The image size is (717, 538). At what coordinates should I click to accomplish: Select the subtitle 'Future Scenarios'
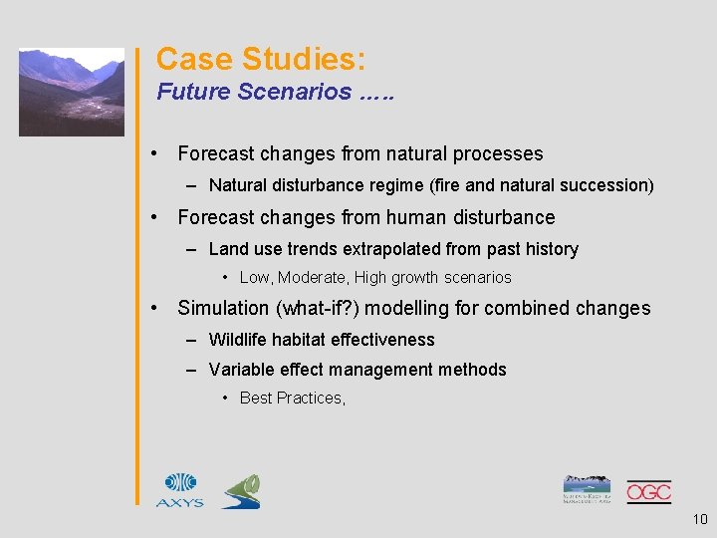point(254,93)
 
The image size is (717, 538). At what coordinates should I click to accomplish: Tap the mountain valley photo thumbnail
point(72,92)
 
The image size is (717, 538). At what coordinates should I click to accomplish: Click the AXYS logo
point(179,490)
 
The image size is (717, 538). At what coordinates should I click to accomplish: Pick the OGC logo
point(648,491)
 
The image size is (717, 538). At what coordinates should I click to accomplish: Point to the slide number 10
point(697,519)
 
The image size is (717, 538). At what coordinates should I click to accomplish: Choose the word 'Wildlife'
point(238,340)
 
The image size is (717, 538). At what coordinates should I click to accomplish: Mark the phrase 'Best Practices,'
point(293,399)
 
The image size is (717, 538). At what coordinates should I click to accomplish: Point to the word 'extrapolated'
point(389,249)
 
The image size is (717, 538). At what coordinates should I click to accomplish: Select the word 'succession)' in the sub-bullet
point(613,185)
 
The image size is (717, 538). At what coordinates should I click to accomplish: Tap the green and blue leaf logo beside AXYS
point(241,491)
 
